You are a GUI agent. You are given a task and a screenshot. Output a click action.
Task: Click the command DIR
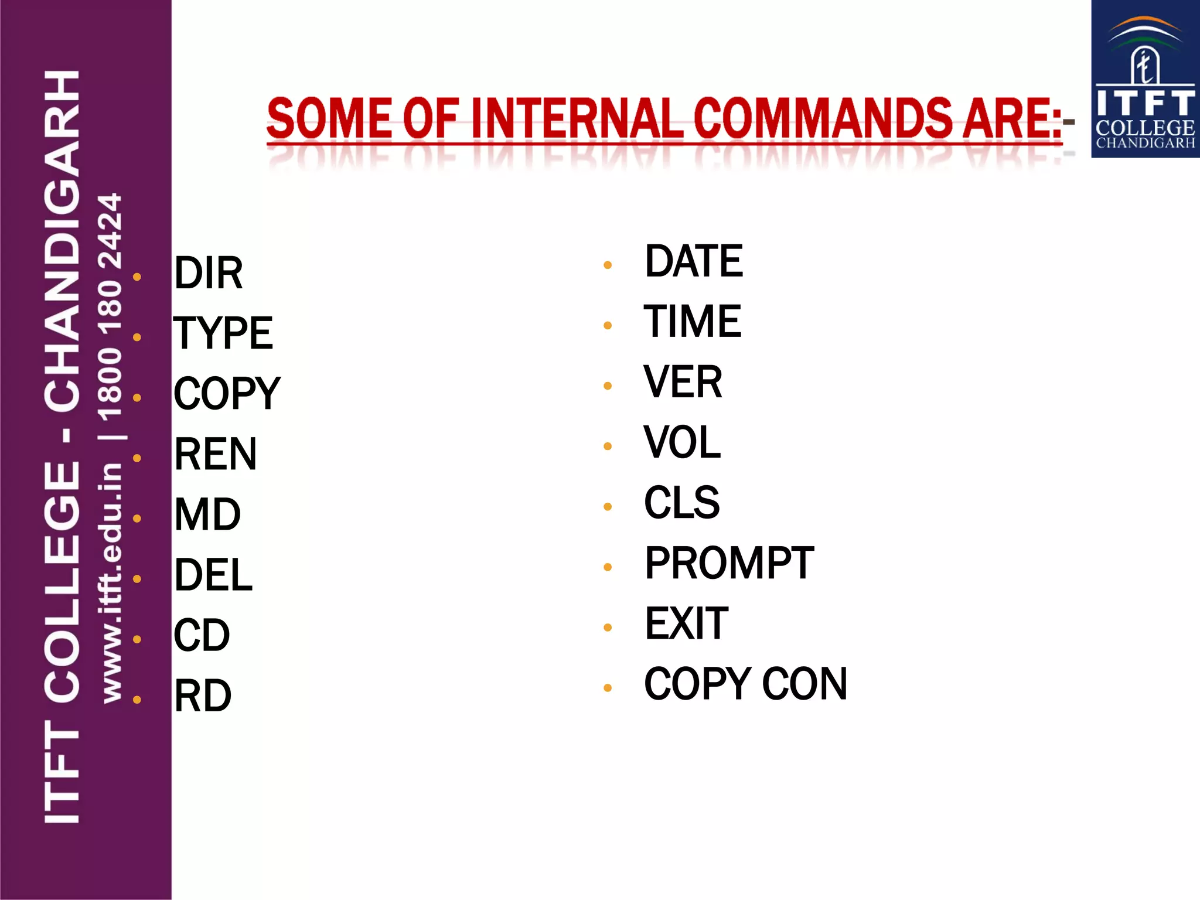click(x=209, y=273)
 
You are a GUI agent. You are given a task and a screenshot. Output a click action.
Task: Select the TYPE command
click(x=223, y=333)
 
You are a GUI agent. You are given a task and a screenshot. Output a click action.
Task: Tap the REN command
click(x=216, y=454)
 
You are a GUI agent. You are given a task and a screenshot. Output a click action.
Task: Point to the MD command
click(x=207, y=514)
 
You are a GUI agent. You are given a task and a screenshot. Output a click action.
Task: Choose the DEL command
click(x=213, y=575)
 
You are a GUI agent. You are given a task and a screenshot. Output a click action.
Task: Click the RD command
click(x=203, y=696)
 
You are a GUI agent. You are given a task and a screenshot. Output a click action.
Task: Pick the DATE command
click(x=694, y=261)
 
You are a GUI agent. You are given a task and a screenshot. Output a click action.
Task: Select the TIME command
click(x=693, y=322)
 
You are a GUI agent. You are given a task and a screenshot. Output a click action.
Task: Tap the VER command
click(x=683, y=382)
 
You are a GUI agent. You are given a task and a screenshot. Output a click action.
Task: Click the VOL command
click(x=682, y=442)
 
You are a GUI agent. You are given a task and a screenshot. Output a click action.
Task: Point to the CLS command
click(x=682, y=503)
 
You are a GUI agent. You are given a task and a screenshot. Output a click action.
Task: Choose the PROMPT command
click(x=729, y=563)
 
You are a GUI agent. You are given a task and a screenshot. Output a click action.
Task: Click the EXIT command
click(x=687, y=623)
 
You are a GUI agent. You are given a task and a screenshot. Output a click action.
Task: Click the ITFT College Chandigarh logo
click(x=1145, y=79)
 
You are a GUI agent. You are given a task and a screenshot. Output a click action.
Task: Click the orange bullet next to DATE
click(x=608, y=265)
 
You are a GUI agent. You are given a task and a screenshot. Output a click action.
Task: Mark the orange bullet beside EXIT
click(x=608, y=628)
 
